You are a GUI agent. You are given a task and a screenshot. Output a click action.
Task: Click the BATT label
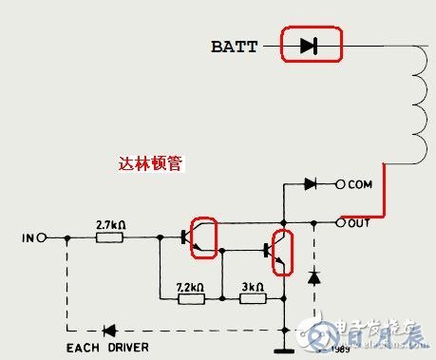pyautogui.click(x=234, y=46)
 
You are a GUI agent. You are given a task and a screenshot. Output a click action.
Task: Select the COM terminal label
pyautogui.click(x=361, y=184)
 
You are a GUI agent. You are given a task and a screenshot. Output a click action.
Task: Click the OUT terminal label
pyautogui.click(x=360, y=223)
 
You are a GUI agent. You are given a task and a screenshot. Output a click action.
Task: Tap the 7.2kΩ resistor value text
pyautogui.click(x=191, y=285)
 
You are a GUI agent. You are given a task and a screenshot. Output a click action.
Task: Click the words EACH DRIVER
pyautogui.click(x=106, y=348)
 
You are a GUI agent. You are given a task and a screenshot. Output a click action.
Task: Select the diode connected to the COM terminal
pyautogui.click(x=311, y=184)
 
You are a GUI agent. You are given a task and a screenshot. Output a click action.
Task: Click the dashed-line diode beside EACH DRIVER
pyautogui.click(x=109, y=331)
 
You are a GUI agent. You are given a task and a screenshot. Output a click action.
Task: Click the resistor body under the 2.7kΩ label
pyautogui.click(x=110, y=237)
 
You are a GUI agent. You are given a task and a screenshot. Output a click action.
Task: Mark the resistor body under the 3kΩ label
pyautogui.click(x=252, y=299)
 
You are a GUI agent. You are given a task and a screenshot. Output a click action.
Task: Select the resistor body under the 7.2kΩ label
pyautogui.click(x=191, y=299)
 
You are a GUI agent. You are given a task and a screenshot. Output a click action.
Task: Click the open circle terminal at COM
pyautogui.click(x=341, y=184)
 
